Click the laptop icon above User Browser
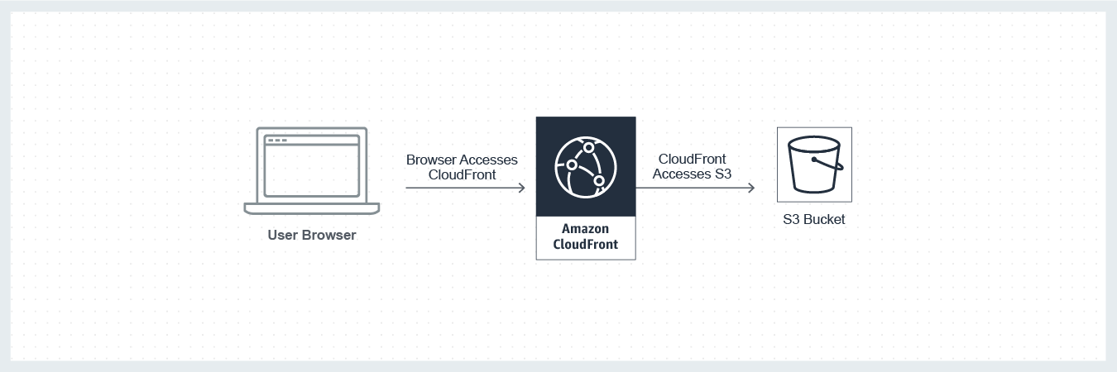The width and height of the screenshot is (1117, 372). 312,170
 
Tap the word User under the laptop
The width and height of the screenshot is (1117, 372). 283,236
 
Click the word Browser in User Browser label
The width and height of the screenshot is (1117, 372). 328,236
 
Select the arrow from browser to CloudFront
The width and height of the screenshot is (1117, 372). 463,188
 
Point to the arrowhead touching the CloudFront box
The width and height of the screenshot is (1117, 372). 521,188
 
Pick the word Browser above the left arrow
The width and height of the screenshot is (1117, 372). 431,160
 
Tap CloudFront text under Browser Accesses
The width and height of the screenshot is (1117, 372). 462,174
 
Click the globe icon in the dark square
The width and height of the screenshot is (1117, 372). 586,166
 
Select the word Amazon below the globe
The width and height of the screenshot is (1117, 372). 585,229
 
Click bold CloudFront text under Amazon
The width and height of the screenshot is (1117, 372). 585,245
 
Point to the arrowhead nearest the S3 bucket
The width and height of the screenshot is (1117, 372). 750,188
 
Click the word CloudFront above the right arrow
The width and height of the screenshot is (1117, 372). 693,159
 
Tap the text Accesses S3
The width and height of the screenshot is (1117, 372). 692,174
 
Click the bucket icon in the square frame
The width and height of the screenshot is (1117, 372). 814,165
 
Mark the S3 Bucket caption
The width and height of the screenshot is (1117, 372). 814,220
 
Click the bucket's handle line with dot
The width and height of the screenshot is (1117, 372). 829,163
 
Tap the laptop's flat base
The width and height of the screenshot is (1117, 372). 312,207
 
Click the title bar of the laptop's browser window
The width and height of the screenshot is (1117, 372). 312,141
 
